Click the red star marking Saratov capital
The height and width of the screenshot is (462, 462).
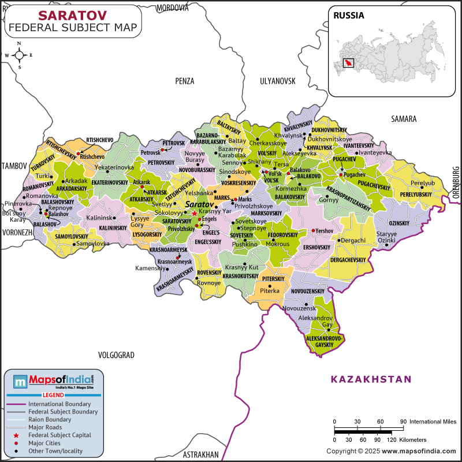(195, 213)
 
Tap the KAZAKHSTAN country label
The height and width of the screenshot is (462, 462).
(371, 379)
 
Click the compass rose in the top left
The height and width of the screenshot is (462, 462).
(19, 55)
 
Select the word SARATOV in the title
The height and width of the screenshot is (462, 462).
(72, 15)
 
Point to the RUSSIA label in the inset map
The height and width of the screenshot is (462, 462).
(349, 16)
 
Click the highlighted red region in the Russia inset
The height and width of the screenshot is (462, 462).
(348, 62)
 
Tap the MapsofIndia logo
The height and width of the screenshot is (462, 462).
(53, 380)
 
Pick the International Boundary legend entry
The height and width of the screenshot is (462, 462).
(59, 404)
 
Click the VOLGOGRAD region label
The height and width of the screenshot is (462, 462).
(116, 355)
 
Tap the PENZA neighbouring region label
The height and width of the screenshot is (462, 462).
(185, 81)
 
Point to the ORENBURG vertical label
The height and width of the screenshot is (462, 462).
(455, 182)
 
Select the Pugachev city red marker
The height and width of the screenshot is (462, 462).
(341, 174)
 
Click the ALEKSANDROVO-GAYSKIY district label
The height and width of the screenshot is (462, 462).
(325, 341)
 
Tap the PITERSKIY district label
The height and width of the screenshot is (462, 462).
(274, 279)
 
